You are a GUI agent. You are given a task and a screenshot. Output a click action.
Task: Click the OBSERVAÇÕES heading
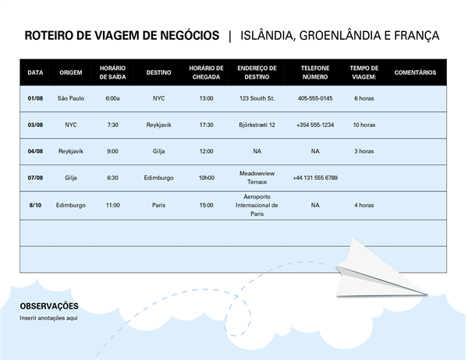click(49, 306)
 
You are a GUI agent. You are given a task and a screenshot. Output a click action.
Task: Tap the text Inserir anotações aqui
click(49, 318)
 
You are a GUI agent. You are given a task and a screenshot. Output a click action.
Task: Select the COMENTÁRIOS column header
click(415, 72)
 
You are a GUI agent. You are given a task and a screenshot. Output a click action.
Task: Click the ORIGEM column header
click(71, 72)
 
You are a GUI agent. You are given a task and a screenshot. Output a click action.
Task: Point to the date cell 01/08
click(35, 99)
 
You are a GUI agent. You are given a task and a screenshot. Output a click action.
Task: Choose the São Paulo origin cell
click(71, 99)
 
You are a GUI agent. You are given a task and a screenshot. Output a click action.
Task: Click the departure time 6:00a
click(113, 99)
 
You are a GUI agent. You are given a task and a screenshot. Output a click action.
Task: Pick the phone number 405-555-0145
click(315, 99)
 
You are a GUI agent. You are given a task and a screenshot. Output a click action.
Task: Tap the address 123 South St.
click(257, 99)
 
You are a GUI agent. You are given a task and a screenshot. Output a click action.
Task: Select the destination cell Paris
click(159, 205)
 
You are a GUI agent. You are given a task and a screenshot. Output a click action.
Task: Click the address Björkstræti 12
click(257, 125)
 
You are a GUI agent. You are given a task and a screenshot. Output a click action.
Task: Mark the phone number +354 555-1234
click(315, 125)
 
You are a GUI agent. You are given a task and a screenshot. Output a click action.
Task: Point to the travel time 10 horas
click(363, 125)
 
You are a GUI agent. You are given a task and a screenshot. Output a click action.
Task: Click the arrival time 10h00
click(206, 178)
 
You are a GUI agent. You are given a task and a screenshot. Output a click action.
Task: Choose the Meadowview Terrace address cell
click(257, 178)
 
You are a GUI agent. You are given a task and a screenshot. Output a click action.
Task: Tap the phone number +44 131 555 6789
click(315, 178)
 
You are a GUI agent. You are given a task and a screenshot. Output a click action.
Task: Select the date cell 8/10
click(35, 205)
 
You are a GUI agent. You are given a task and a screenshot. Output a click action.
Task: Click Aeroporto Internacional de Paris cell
click(257, 205)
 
